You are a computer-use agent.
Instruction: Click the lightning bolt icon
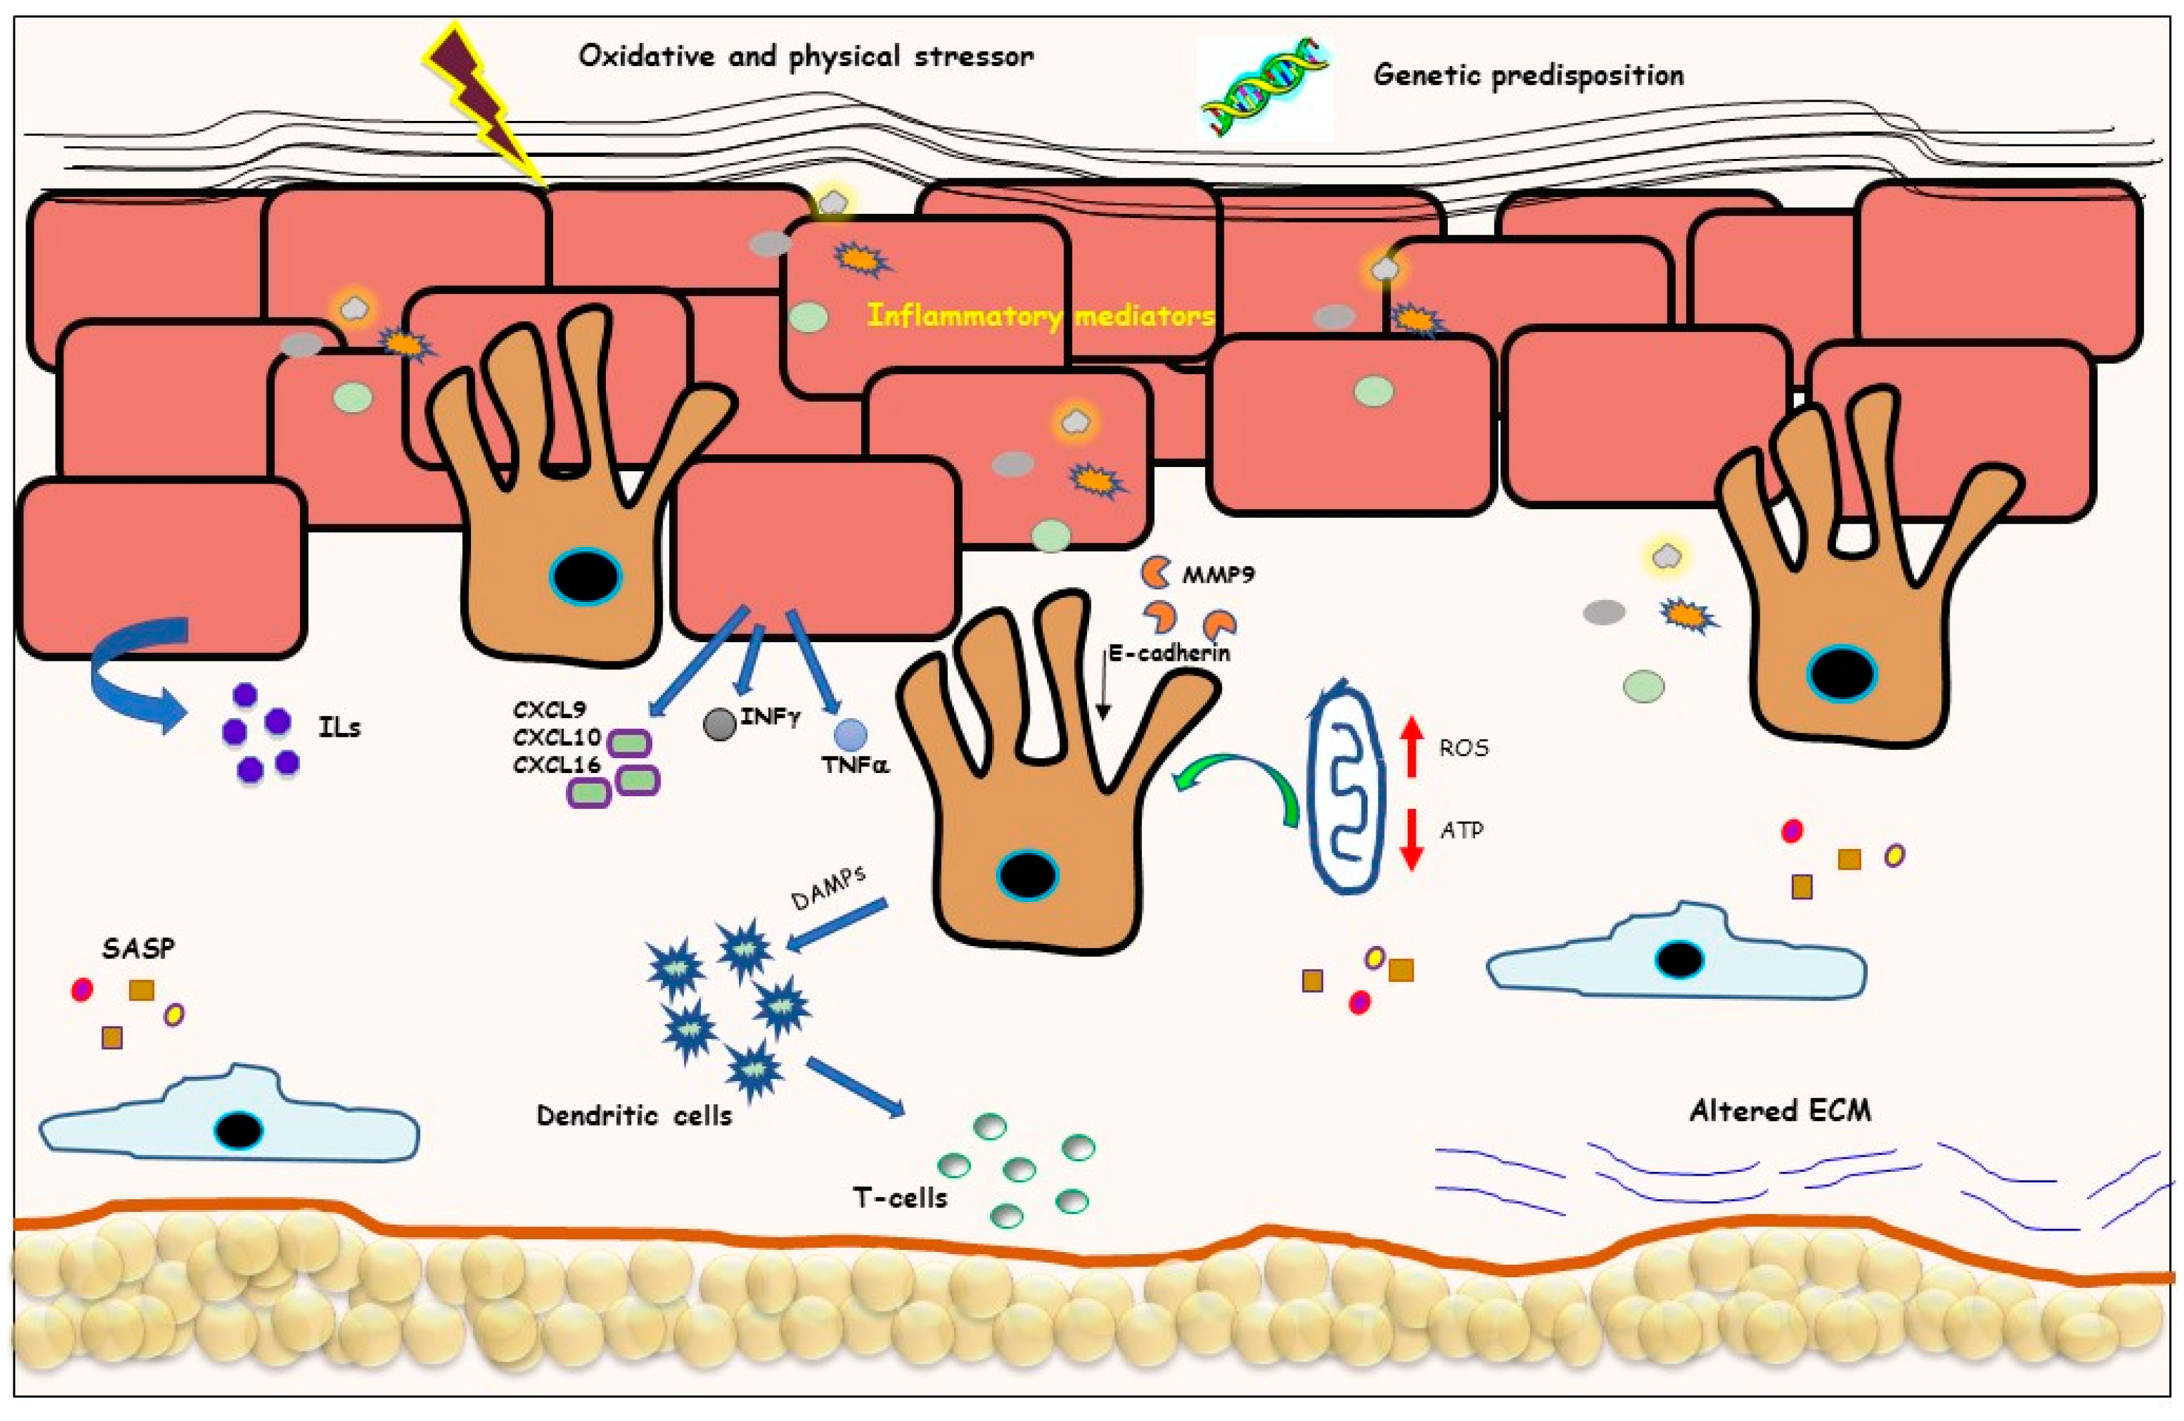click(482, 101)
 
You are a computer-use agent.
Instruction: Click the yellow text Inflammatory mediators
click(1040, 317)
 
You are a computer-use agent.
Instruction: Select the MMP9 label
click(1218, 575)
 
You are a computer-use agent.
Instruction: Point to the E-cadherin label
click(1168, 653)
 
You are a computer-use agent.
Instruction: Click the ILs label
click(339, 728)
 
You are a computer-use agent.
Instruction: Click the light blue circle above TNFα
click(850, 734)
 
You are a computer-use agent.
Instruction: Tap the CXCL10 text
click(556, 737)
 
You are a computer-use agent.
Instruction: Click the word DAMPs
click(828, 887)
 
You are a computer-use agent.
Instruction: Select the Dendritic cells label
click(634, 1116)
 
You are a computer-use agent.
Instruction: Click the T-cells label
click(899, 1197)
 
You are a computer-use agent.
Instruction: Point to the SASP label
click(138, 947)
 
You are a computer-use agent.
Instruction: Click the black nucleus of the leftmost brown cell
click(585, 577)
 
